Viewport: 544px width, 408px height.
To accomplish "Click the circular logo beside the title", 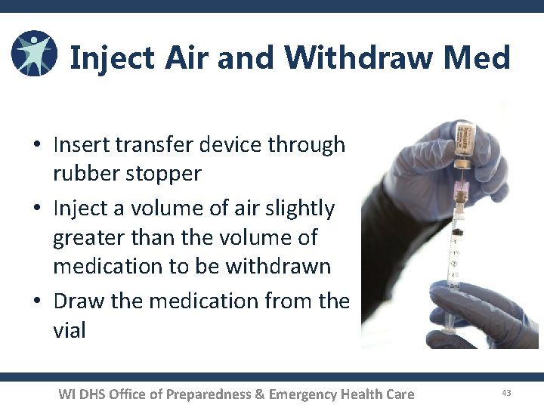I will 34,54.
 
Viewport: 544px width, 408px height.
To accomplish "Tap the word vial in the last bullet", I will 69,329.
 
